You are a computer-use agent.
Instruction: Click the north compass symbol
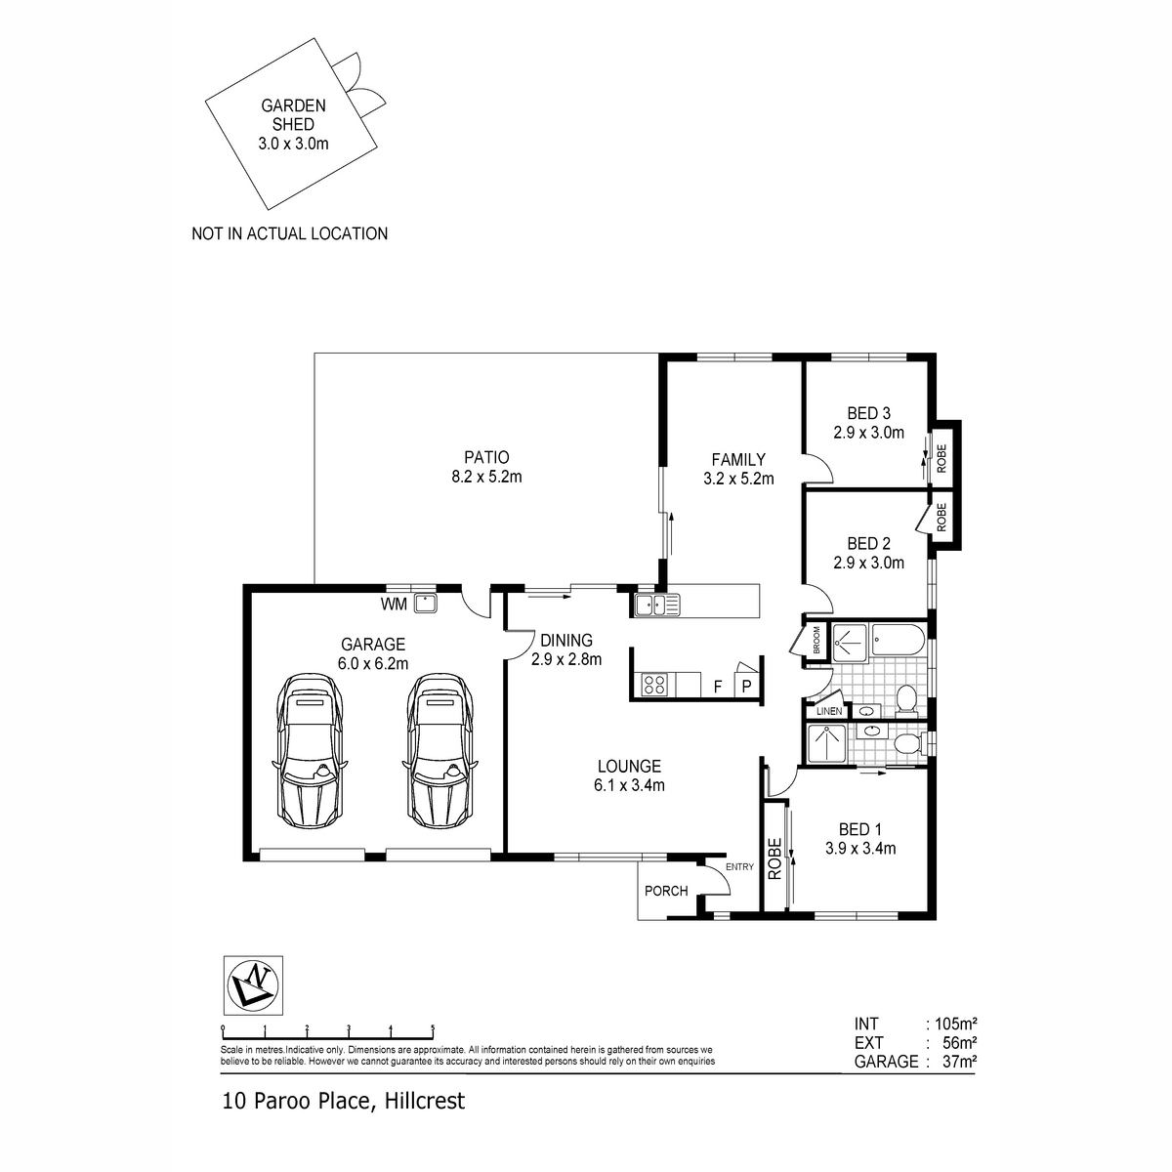tap(253, 984)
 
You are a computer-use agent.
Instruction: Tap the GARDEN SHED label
tap(293, 115)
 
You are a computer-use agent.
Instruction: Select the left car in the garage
tap(311, 749)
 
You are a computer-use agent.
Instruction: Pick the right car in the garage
tap(439, 749)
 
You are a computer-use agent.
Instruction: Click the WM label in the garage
tap(394, 604)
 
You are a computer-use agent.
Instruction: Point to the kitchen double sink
tap(657, 605)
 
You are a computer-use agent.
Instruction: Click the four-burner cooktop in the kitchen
tap(654, 685)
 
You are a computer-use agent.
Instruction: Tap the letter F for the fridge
tap(718, 687)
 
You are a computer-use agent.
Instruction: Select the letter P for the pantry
tap(747, 686)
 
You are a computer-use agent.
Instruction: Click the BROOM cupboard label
tap(816, 640)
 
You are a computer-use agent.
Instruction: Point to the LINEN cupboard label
tap(829, 711)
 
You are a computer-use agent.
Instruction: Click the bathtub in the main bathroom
tap(899, 639)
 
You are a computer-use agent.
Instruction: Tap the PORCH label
tap(666, 891)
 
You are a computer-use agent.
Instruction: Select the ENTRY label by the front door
tap(739, 866)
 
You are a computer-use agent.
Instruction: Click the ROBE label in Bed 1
tap(774, 858)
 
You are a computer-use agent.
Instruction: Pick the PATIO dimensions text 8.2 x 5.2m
tap(486, 477)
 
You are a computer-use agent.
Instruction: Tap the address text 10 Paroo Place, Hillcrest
tap(344, 1101)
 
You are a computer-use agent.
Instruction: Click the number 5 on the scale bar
tap(433, 1027)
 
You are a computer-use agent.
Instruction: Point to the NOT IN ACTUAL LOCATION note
tap(289, 234)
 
